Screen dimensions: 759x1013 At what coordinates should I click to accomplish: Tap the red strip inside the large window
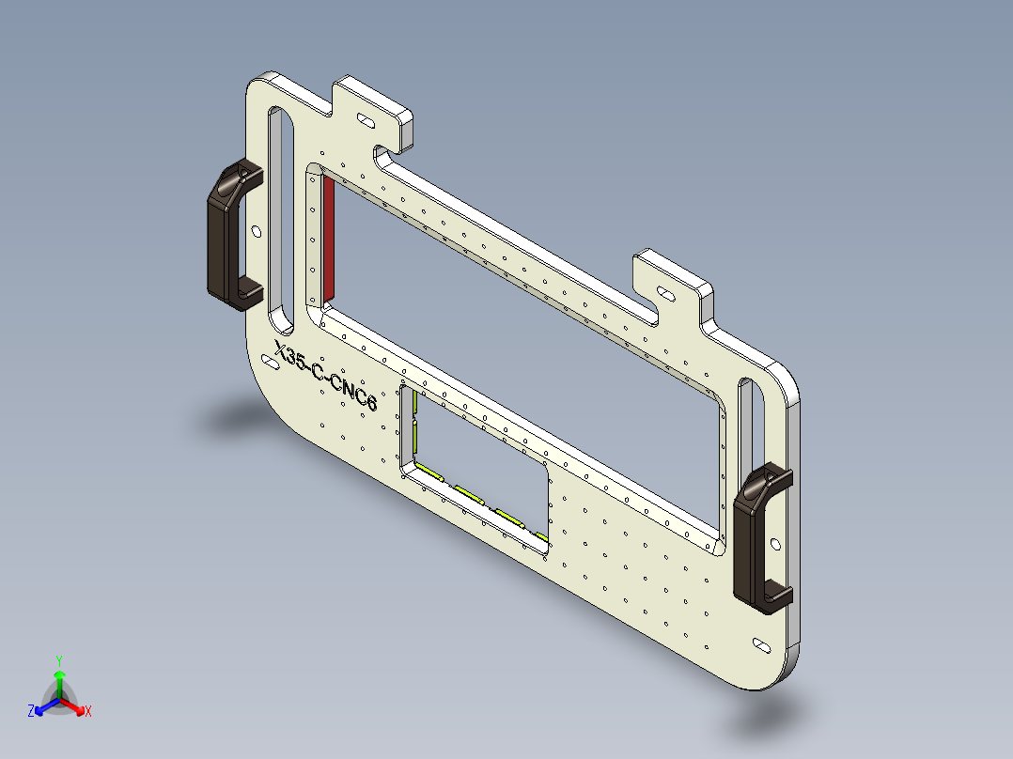329,240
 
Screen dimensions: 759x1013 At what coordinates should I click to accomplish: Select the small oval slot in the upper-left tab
364,120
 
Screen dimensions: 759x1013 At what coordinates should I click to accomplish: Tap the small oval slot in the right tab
664,294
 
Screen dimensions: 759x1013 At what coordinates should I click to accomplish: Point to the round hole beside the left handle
257,231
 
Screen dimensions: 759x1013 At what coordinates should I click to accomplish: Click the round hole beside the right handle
774,543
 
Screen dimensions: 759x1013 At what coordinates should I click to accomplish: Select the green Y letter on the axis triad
58,659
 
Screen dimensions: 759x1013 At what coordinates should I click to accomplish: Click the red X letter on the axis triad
88,712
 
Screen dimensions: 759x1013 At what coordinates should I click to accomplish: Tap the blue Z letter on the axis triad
31,712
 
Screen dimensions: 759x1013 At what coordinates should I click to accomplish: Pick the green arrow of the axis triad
58,682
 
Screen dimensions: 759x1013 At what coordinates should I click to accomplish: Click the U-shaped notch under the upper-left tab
386,157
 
